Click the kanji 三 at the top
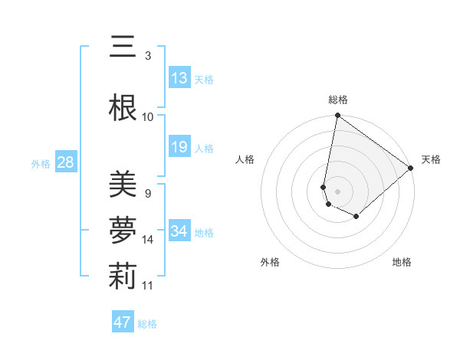(123, 47)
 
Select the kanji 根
(123, 109)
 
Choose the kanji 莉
(123, 277)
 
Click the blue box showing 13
(179, 78)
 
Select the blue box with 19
(179, 147)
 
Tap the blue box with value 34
(179, 231)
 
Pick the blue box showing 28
(65, 162)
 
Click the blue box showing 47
(122, 322)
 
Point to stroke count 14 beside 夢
(149, 240)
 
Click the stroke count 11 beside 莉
(149, 286)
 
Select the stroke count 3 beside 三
(148, 55)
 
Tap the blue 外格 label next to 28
(41, 163)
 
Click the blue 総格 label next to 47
(147, 323)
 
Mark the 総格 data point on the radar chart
(337, 116)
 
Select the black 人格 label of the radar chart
(245, 159)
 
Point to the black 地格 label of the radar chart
(402, 262)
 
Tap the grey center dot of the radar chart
(337, 191)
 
